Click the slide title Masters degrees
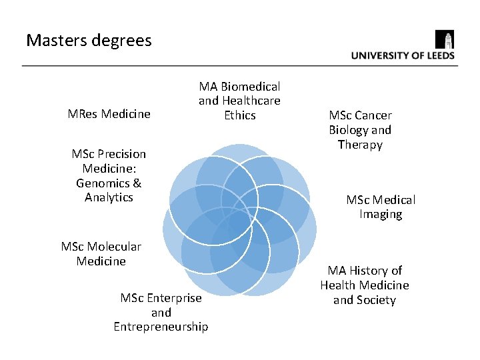tap(89, 41)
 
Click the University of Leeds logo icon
tap(444, 39)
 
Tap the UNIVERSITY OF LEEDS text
tap(403, 56)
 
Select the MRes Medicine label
tap(109, 114)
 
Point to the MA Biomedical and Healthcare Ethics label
tap(239, 101)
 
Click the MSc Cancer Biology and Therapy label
tap(360, 130)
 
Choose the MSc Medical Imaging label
tap(381, 207)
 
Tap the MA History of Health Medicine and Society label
tap(365, 285)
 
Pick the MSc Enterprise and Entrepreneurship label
tap(161, 312)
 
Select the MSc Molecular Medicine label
tap(101, 254)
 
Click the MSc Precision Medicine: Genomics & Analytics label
tap(109, 175)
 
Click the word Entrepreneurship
tap(161, 327)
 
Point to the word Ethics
tap(240, 115)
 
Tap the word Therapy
tap(360, 145)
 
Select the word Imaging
tap(381, 214)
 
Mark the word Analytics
tap(109, 197)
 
